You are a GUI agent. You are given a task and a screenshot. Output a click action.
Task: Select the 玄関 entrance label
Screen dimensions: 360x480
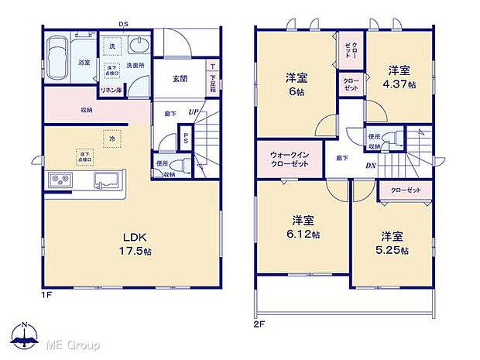pyautogui.click(x=180, y=78)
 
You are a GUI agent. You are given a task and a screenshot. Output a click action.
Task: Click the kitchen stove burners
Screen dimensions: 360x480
pyautogui.click(x=60, y=181)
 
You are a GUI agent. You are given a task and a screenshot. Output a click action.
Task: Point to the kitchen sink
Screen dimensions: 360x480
pyautogui.click(x=106, y=181)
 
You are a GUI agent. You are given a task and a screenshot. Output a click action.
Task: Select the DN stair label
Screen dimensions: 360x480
pyautogui.click(x=370, y=164)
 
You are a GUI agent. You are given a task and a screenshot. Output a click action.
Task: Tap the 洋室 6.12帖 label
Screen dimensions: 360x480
pyautogui.click(x=302, y=225)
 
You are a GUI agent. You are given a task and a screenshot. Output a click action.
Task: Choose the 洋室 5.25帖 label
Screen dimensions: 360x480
pyautogui.click(x=391, y=242)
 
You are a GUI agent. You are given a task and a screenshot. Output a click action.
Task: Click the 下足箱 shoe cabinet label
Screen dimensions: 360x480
pyautogui.click(x=212, y=80)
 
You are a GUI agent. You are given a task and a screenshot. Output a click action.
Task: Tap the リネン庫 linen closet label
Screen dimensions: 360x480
pyautogui.click(x=109, y=91)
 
